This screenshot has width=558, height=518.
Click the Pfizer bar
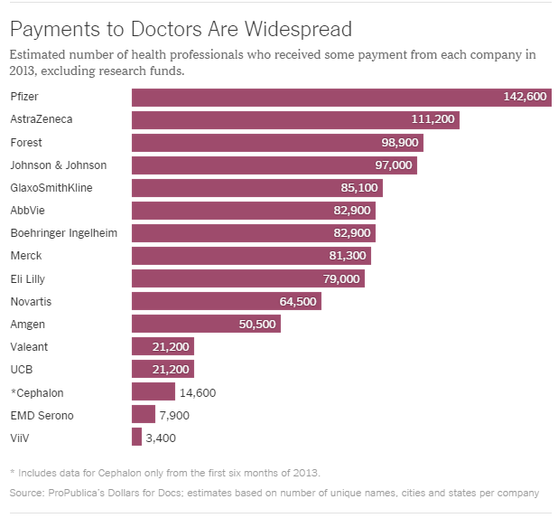tap(341, 98)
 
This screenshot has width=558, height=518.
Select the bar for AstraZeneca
tap(295, 120)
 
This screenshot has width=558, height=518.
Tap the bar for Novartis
tap(227, 301)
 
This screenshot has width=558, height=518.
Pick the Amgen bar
tap(206, 324)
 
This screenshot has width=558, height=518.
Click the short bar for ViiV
tap(136, 437)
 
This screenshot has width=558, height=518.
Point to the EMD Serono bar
tap(144, 414)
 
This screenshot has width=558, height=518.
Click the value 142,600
tap(525, 98)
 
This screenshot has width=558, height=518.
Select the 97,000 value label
tap(393, 165)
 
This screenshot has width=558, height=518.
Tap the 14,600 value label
tap(199, 392)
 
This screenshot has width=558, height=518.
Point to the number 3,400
tap(161, 438)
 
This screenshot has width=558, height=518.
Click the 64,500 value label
tap(297, 301)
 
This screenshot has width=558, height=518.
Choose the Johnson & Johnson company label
tap(58, 165)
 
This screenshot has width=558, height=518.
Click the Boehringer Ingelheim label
tap(64, 233)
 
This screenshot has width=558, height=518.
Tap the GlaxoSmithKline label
tap(51, 188)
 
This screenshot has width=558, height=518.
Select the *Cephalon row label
tap(37, 391)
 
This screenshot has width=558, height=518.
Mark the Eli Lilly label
tap(29, 278)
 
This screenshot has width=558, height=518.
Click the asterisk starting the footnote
tap(13, 473)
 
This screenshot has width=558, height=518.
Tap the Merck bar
tap(251, 256)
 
